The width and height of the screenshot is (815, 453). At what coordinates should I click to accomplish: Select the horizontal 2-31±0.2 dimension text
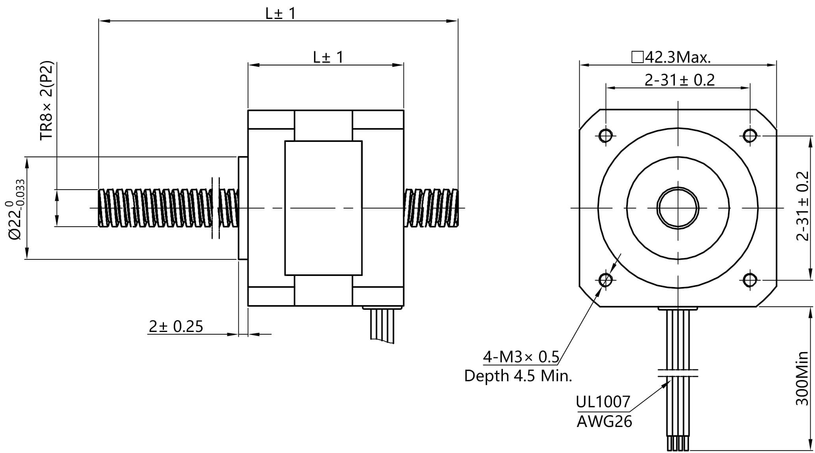679,80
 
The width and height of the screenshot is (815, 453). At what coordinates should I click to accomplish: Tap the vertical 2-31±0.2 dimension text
802,206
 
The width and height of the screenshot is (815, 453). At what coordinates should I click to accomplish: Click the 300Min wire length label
802,378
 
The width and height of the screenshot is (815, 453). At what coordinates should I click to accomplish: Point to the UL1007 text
603,402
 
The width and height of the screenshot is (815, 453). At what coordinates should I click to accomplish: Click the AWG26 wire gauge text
604,421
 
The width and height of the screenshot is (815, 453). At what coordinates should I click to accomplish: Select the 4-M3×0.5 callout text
521,357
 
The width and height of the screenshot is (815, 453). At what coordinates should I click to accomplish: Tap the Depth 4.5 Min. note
518,376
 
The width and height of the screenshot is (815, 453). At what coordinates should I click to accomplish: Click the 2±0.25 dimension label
176,326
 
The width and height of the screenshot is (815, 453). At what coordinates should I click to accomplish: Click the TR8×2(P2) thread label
47,100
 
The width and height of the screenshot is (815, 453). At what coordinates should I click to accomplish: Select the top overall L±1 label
280,14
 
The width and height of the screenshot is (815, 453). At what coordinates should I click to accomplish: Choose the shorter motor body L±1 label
328,58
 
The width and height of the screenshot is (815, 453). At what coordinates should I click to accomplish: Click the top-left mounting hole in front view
605,136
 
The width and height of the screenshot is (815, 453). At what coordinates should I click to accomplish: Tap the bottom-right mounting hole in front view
750,280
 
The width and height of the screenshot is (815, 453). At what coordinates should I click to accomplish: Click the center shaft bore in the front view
678,208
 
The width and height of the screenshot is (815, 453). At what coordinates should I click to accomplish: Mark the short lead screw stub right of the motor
431,208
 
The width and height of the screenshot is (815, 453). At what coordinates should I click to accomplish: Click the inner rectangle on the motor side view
323,208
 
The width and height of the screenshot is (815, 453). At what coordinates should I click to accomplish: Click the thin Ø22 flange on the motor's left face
243,208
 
